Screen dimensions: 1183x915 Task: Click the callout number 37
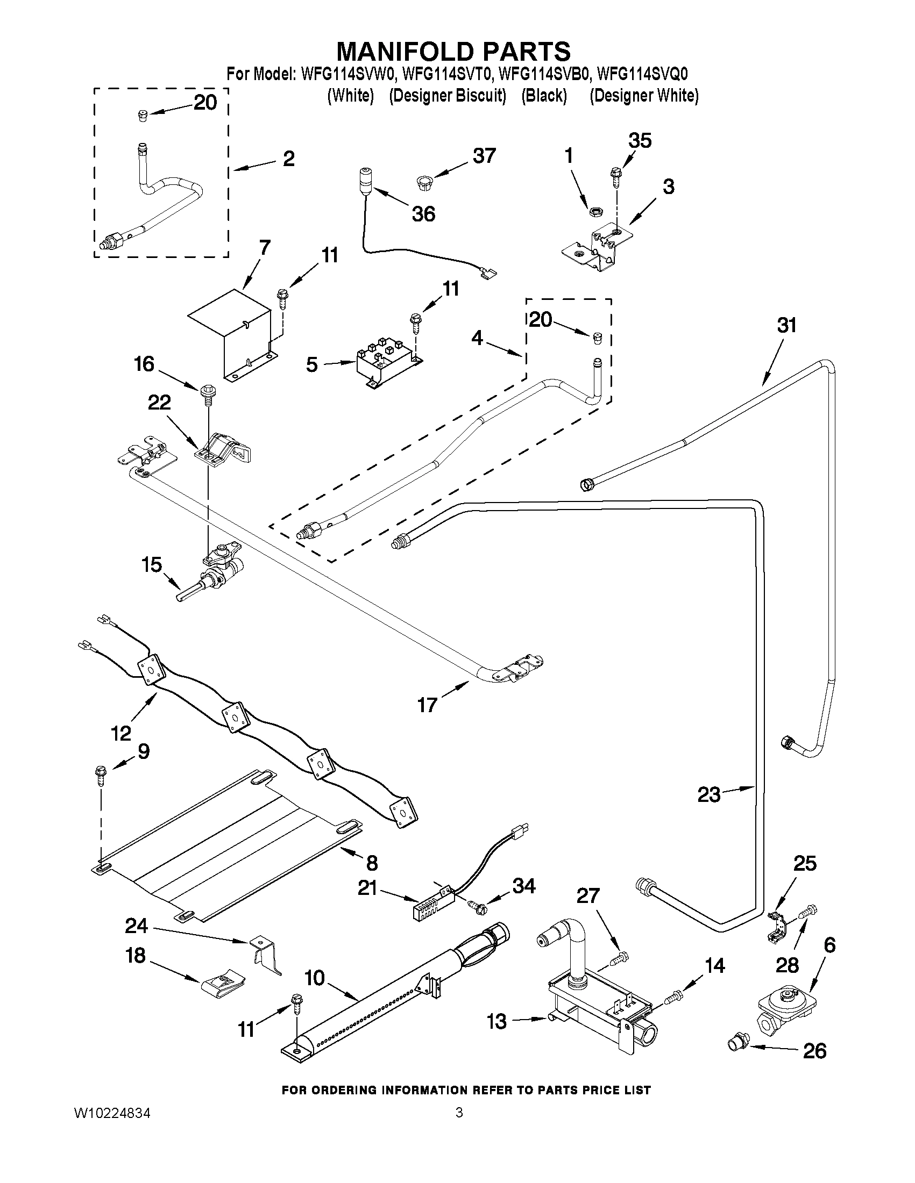484,155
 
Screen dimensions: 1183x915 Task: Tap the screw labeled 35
616,176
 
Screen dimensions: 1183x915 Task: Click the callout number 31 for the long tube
786,326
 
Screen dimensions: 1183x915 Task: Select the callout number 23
709,795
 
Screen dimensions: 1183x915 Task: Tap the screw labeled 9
101,772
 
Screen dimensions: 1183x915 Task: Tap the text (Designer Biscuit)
447,96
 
